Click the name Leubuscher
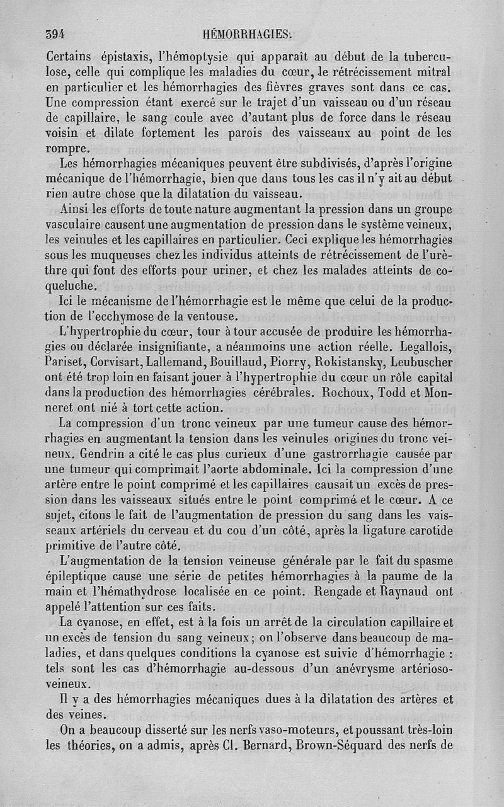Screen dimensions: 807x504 (422, 363)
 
